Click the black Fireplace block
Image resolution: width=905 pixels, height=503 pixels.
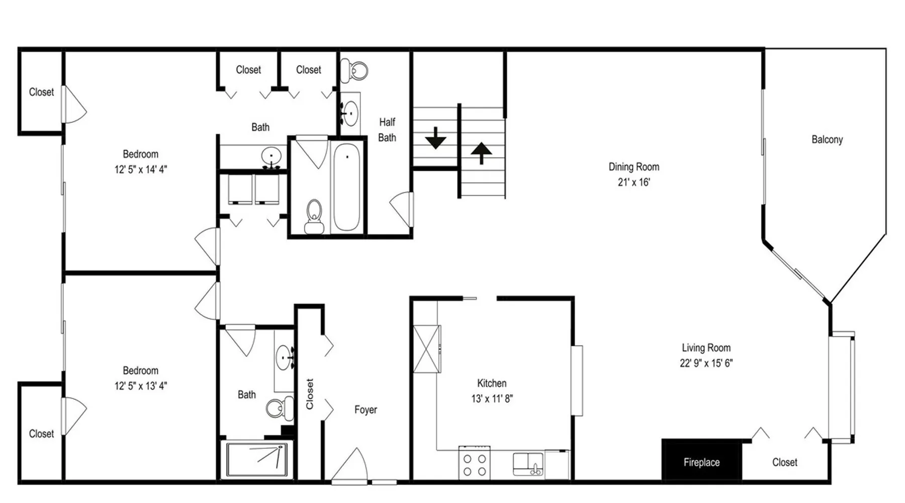pyautogui.click(x=701, y=460)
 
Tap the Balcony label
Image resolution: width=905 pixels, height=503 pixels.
pyautogui.click(x=827, y=139)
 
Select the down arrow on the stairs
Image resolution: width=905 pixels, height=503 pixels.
pyautogui.click(x=435, y=138)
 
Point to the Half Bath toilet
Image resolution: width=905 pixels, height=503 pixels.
pyautogui.click(x=354, y=71)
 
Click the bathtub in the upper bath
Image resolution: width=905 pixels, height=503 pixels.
pyautogui.click(x=346, y=187)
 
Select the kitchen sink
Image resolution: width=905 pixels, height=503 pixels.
pyautogui.click(x=528, y=464)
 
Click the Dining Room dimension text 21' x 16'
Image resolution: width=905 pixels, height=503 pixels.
pyautogui.click(x=633, y=182)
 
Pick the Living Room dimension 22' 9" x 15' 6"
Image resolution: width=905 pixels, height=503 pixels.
pyautogui.click(x=706, y=363)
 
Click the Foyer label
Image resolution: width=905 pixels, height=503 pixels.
pyautogui.click(x=366, y=409)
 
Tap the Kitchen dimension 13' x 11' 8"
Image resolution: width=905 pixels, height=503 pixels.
pyautogui.click(x=492, y=398)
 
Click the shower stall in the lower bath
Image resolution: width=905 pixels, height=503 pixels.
pyautogui.click(x=257, y=459)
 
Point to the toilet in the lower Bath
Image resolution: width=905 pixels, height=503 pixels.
pyautogui.click(x=280, y=408)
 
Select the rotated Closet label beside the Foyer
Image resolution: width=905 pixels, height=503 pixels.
pyautogui.click(x=309, y=394)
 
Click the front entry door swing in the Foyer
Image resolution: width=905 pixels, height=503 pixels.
pyautogui.click(x=351, y=465)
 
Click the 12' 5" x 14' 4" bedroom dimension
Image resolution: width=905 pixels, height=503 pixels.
pyautogui.click(x=141, y=170)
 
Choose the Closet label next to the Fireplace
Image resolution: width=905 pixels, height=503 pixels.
pyautogui.click(x=784, y=462)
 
